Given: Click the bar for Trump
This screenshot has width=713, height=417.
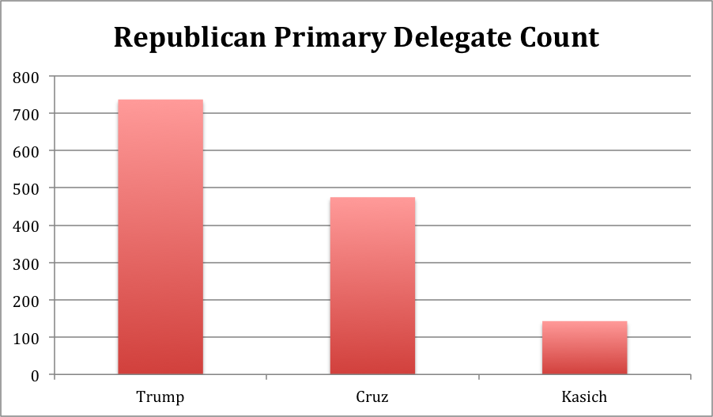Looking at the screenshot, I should [160, 237].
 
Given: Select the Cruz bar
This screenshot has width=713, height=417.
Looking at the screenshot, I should [372, 286].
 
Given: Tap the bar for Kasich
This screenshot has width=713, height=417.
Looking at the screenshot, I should [584, 347].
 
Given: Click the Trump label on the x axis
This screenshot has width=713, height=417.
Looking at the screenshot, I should [160, 396].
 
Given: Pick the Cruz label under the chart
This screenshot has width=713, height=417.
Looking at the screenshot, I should [372, 396].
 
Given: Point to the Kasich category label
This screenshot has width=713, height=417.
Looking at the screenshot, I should [584, 396].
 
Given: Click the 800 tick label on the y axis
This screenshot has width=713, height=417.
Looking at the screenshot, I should [26, 77].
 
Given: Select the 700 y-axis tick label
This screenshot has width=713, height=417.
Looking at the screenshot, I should [26, 114].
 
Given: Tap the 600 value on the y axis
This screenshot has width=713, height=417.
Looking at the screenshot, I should [26, 151].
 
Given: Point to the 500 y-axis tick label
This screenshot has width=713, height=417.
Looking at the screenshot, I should [26, 188].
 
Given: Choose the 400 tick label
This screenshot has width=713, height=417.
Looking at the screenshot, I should [26, 226].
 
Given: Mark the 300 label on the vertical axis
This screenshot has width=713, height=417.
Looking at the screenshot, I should [26, 263].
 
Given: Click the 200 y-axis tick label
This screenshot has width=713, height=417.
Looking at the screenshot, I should [26, 301].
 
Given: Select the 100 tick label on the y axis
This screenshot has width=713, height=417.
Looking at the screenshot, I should [26, 338].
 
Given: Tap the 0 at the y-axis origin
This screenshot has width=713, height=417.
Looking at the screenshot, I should [35, 375].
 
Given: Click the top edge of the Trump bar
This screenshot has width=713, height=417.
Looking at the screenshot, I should [160, 100].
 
